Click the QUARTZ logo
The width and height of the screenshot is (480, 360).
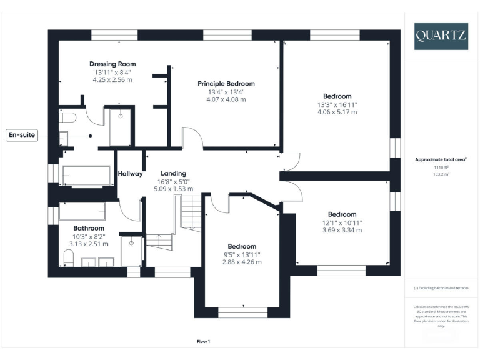coord(441,36)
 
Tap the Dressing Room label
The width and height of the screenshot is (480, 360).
coord(112,64)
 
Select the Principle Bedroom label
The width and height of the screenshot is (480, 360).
coord(226,83)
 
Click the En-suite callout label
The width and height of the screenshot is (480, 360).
coord(22,134)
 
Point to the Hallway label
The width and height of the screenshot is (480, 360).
coord(131,174)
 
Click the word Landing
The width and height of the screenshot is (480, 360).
coord(173,173)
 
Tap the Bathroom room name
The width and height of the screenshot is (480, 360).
coord(89,228)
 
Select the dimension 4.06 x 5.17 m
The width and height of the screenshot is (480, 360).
coord(337,112)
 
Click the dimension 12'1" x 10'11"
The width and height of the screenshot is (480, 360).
coord(342,222)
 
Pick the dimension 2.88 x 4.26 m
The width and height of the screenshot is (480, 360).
coord(242,262)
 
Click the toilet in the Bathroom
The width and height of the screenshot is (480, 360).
coord(69,257)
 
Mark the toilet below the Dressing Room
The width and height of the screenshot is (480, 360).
coord(67,117)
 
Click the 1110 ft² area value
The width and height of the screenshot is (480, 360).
coord(442,167)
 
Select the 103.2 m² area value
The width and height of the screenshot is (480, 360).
coord(442,174)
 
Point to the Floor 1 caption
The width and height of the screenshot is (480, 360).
coord(204,341)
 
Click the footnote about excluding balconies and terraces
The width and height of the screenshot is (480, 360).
coord(441,287)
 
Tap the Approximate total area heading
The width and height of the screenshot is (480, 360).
coord(441,159)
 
